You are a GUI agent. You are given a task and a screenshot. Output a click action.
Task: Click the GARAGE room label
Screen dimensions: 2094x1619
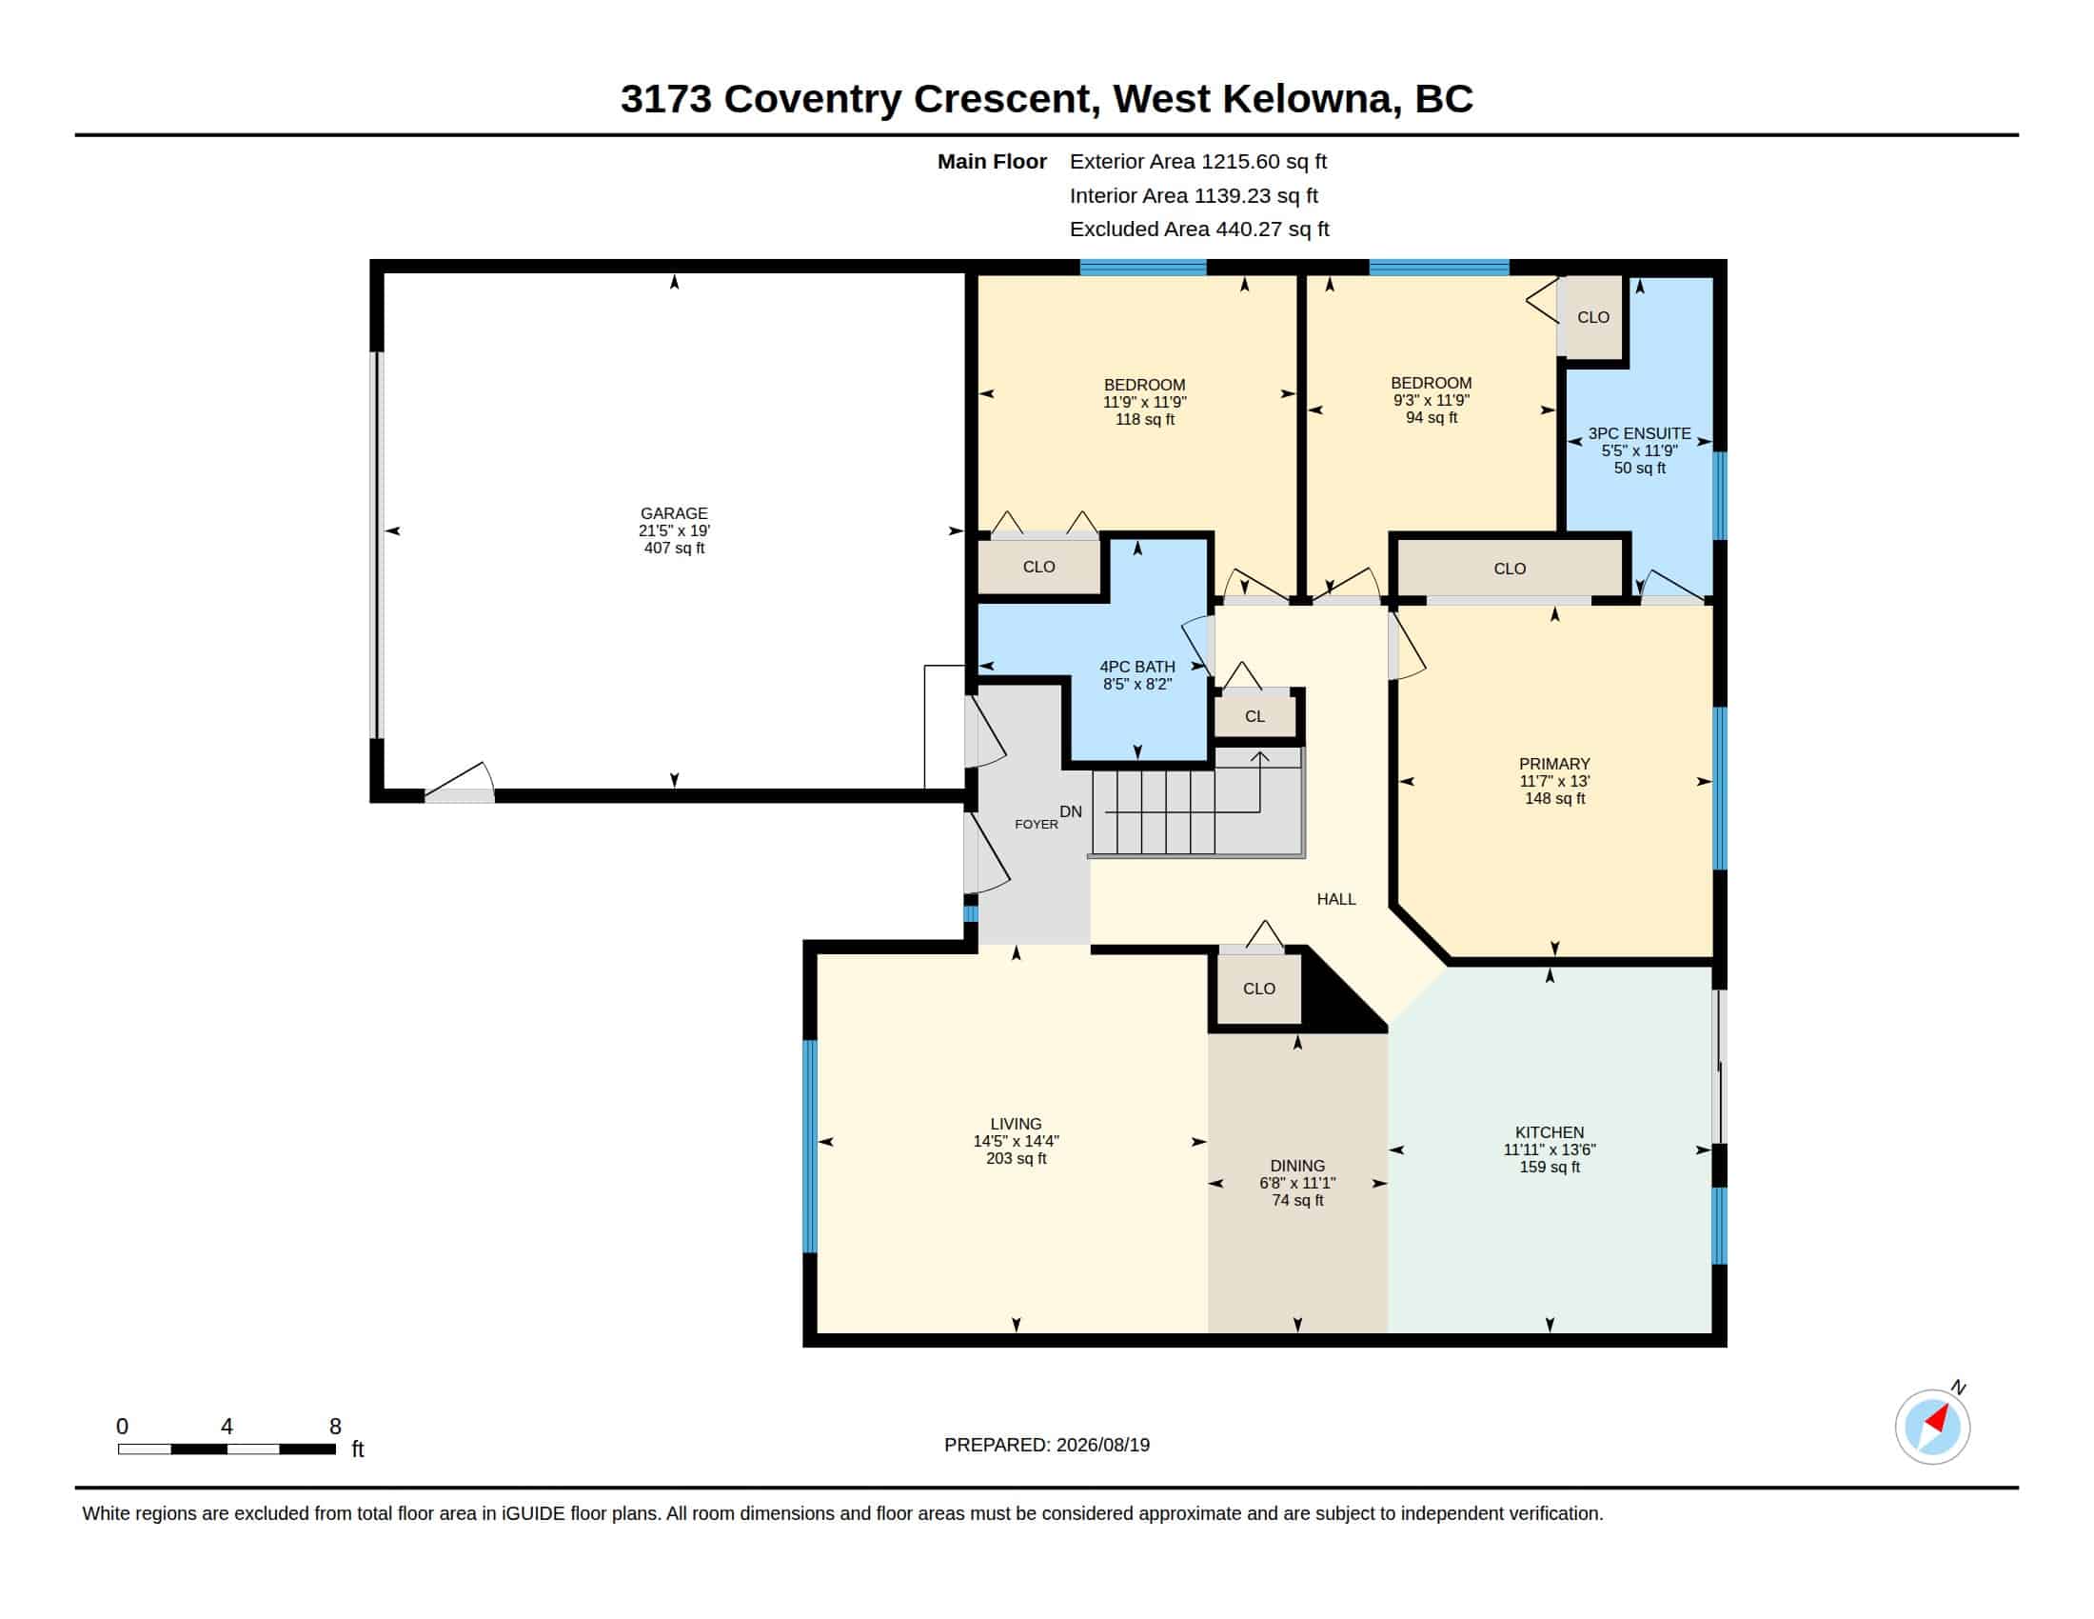pyautogui.click(x=674, y=513)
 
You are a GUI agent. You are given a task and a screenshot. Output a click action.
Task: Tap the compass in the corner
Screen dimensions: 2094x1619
pyautogui.click(x=1932, y=1427)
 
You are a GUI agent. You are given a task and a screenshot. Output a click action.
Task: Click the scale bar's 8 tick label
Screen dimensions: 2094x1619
pyautogui.click(x=336, y=1427)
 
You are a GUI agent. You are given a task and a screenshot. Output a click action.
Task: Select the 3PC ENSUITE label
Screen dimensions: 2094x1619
pyautogui.click(x=1640, y=433)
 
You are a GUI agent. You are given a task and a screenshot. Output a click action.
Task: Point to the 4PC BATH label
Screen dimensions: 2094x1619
pyautogui.click(x=1137, y=667)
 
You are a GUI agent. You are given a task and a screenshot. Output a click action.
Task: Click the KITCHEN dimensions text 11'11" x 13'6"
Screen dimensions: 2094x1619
pyautogui.click(x=1550, y=1149)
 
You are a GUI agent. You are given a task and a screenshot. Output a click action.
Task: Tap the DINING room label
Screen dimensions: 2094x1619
pyautogui.click(x=1297, y=1167)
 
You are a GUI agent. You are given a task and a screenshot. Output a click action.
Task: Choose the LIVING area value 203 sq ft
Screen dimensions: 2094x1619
pyautogui.click(x=1017, y=1159)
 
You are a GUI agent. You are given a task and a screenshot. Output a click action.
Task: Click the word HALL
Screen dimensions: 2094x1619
pyautogui.click(x=1336, y=899)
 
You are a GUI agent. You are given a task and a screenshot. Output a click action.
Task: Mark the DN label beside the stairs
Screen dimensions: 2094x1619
pyautogui.click(x=1071, y=811)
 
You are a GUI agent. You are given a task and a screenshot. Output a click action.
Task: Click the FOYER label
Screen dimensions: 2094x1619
pyautogui.click(x=1037, y=824)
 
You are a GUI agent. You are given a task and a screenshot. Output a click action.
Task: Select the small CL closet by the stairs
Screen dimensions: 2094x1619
pyautogui.click(x=1255, y=715)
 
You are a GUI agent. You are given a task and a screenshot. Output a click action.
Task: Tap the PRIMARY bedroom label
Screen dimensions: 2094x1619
pyautogui.click(x=1554, y=764)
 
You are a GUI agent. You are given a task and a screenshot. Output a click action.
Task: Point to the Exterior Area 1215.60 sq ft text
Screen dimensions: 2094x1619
pyautogui.click(x=1198, y=161)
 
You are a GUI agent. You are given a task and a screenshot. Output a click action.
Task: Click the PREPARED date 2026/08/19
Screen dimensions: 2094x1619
pyautogui.click(x=1102, y=1445)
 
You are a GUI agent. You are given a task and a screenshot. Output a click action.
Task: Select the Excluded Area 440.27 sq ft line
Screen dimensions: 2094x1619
pyautogui.click(x=1199, y=230)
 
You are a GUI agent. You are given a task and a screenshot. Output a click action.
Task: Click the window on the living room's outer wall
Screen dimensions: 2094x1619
pyautogui.click(x=809, y=1146)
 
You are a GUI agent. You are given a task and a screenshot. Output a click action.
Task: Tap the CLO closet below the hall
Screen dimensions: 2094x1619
pyautogui.click(x=1259, y=989)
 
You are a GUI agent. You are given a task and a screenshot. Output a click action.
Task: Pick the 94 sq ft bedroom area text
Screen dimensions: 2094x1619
pyautogui.click(x=1432, y=417)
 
